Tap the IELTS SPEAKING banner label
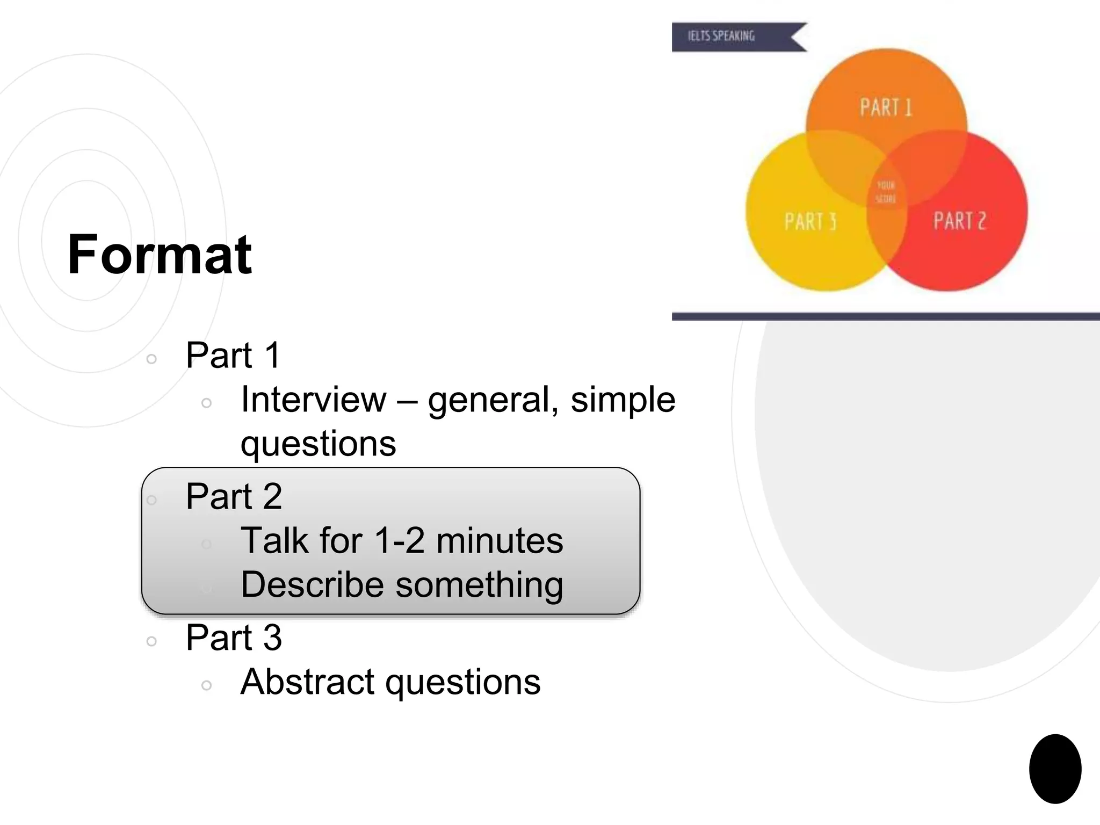721,36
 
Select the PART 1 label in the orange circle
886,107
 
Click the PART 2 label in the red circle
959,221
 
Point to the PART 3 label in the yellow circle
810,221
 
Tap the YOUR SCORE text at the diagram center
886,192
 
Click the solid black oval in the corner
1055,769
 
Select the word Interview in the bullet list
313,400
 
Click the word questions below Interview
318,444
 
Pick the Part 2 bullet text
234,496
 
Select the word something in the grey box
479,584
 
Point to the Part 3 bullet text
234,638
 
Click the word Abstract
307,682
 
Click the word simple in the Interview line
623,400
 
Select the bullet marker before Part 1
151,359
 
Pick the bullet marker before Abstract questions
206,685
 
